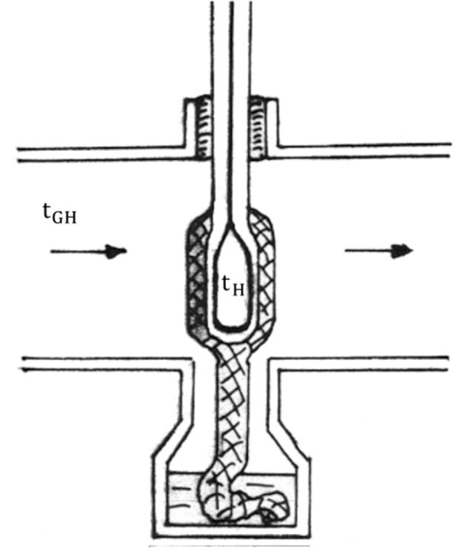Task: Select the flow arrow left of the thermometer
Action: (x=88, y=252)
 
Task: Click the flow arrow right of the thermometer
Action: (x=378, y=251)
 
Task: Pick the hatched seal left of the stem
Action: (x=200, y=130)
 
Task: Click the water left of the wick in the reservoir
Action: (x=181, y=492)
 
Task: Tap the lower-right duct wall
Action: (x=363, y=363)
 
